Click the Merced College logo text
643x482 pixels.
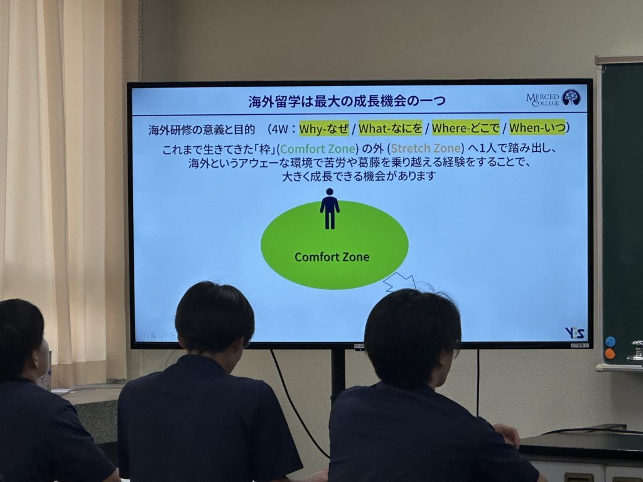click(x=542, y=100)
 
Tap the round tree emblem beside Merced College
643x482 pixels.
click(x=571, y=97)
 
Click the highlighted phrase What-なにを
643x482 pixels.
click(x=391, y=129)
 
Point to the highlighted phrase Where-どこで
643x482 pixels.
click(x=465, y=128)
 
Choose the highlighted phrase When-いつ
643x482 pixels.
click(x=538, y=127)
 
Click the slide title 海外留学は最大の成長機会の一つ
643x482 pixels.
click(x=347, y=101)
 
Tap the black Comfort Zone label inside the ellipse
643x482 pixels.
click(x=332, y=257)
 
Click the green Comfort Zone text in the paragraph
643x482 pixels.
click(x=317, y=149)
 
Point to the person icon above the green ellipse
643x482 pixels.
click(x=329, y=208)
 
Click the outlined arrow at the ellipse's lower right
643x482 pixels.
click(x=399, y=282)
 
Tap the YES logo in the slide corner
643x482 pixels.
click(x=574, y=333)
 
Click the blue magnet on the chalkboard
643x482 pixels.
click(x=610, y=341)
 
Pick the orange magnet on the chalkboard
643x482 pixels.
click(x=610, y=354)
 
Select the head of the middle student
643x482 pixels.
click(x=214, y=317)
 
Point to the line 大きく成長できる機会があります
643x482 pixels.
click(x=359, y=176)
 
